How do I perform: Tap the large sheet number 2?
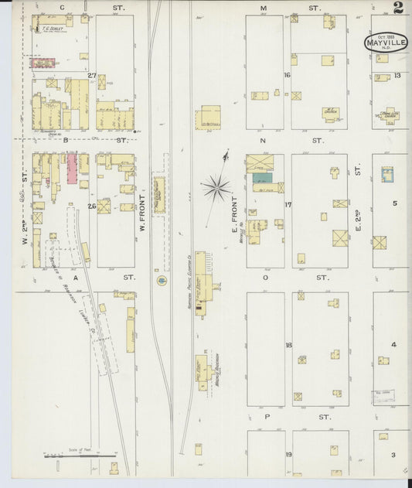pos(397,9)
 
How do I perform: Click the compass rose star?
pos(217,186)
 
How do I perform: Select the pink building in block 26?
pos(72,168)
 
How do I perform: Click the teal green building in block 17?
pos(263,177)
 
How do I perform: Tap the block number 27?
pos(91,75)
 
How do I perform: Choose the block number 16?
pos(286,75)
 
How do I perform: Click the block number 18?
pos(288,345)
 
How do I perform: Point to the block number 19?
pos(288,455)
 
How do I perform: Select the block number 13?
pos(397,75)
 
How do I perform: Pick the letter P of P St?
pos(265,416)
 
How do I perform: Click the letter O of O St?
pos(265,277)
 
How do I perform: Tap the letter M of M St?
pos(264,9)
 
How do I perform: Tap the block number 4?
pos(393,345)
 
